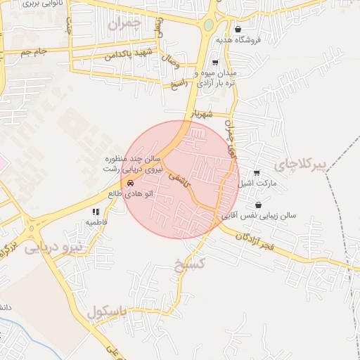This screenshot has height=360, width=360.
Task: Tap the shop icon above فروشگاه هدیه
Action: (x=238, y=30)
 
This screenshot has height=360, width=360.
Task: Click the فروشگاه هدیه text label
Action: (x=239, y=40)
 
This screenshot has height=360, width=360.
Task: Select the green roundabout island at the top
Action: (x=208, y=26)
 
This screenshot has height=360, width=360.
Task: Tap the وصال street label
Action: (x=174, y=64)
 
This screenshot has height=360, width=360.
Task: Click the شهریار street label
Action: (x=202, y=115)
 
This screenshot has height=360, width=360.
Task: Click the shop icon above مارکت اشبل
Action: (x=256, y=173)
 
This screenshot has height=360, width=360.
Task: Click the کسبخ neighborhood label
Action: (x=188, y=264)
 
